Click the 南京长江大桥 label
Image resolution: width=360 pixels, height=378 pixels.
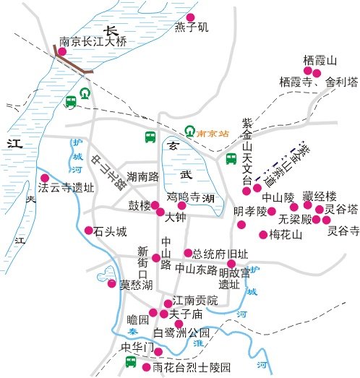[93, 42]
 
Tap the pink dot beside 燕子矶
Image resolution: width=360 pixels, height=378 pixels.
[190, 17]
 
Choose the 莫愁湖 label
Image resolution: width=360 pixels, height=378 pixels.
[136, 285]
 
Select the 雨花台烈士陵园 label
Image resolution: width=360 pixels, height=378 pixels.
[192, 367]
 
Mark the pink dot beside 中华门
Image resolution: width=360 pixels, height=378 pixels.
[159, 352]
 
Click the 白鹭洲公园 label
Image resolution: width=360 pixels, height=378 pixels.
[182, 333]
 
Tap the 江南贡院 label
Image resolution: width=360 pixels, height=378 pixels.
[191, 302]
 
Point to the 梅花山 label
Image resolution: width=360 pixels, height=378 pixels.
[284, 234]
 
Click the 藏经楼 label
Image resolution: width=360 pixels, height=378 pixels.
[320, 196]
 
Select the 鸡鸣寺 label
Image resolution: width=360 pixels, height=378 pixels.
[184, 195]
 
